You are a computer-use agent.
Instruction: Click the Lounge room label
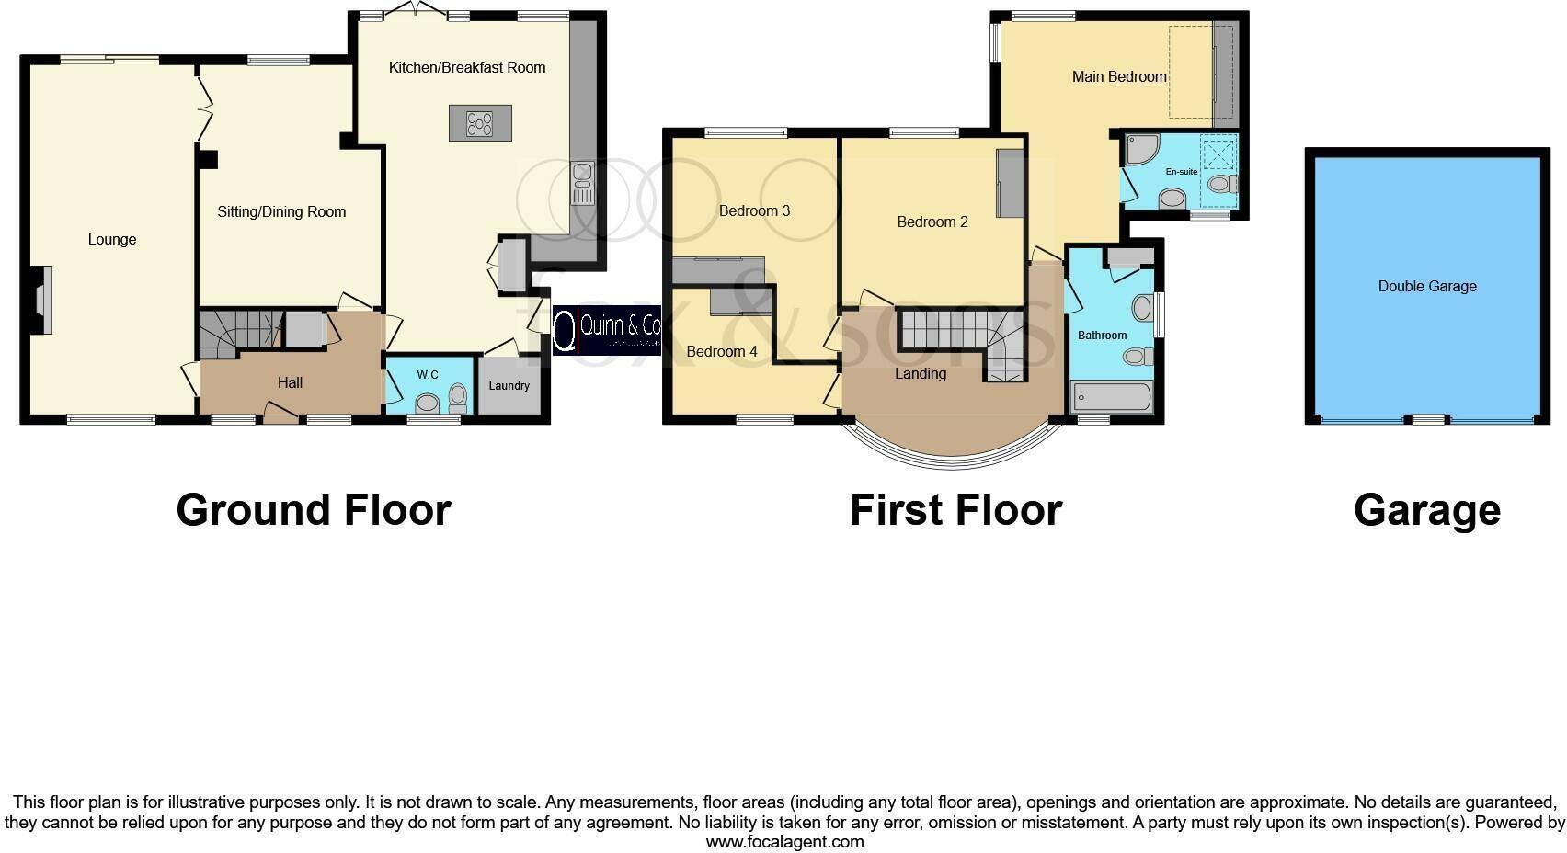point(112,239)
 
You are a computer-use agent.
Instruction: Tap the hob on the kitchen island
point(479,123)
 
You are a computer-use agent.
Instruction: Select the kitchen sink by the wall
point(582,183)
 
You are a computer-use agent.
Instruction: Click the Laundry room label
point(509,385)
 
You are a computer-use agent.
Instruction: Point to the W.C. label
point(429,374)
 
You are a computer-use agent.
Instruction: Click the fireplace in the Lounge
point(41,299)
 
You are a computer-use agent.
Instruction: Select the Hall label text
point(290,382)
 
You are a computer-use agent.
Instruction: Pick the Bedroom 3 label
point(754,210)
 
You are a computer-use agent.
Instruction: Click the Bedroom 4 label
point(721,351)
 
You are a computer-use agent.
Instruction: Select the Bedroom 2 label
point(932,222)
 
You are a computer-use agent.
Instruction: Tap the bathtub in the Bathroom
point(1112,398)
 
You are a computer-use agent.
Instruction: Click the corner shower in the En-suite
point(1140,149)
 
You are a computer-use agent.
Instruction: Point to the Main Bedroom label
point(1118,76)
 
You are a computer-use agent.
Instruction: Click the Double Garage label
point(1426,286)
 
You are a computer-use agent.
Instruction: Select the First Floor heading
point(955,509)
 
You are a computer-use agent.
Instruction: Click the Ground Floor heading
point(313,509)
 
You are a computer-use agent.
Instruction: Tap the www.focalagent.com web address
point(784,841)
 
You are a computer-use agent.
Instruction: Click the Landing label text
point(920,373)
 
